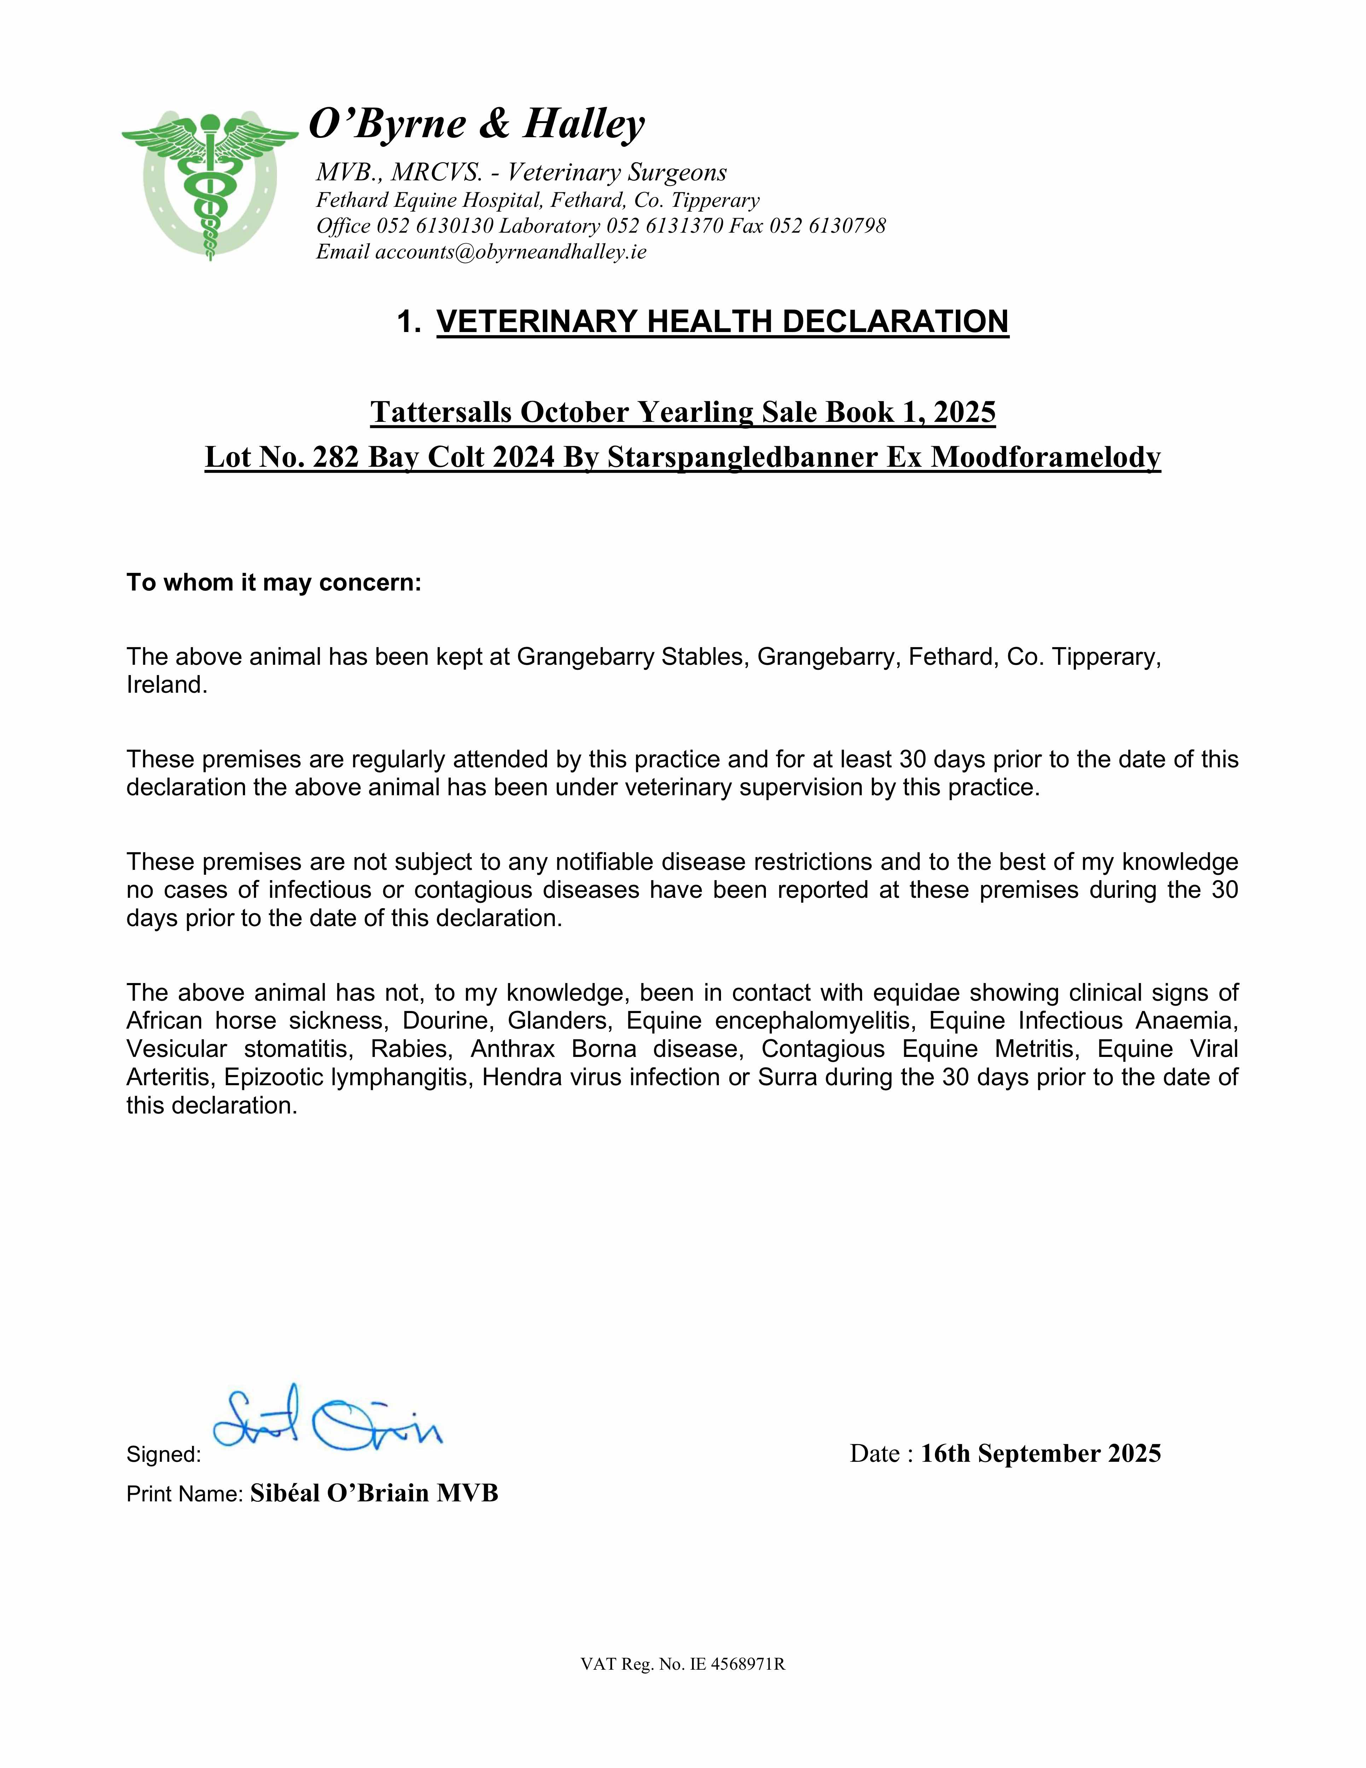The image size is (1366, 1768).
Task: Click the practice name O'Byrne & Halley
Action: [x=477, y=125]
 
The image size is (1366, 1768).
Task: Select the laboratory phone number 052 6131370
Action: [x=664, y=226]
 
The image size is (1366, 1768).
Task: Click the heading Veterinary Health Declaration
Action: [x=722, y=321]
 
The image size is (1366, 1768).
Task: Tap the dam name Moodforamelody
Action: [x=1045, y=457]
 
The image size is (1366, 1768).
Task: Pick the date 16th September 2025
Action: [x=1040, y=1454]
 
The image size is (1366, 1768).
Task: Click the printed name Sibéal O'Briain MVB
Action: [x=374, y=1494]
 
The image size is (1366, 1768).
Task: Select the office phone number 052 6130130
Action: [x=435, y=226]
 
